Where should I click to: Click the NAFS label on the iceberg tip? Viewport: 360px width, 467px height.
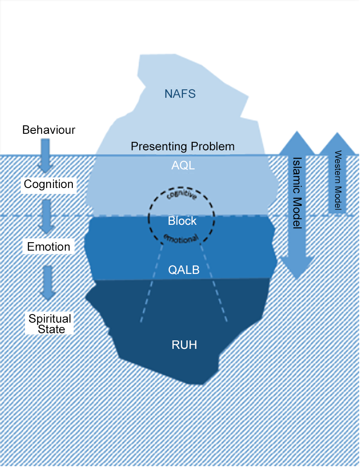[x=180, y=94]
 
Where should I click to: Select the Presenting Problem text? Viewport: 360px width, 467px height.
[x=183, y=146]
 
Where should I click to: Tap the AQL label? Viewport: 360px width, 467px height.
[x=183, y=166]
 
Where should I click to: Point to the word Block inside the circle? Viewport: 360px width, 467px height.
[x=182, y=221]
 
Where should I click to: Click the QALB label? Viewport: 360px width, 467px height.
[x=183, y=270]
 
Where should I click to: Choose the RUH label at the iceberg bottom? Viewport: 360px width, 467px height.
[x=184, y=345]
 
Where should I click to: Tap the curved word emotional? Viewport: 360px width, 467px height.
[x=181, y=238]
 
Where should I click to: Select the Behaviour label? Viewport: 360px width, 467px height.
[x=49, y=130]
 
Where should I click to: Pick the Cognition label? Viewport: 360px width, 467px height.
[x=49, y=184]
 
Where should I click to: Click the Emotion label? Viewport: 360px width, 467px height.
[x=49, y=246]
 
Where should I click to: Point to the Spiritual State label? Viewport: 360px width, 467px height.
[x=50, y=323]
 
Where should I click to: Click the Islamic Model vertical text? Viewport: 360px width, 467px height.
[x=296, y=193]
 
